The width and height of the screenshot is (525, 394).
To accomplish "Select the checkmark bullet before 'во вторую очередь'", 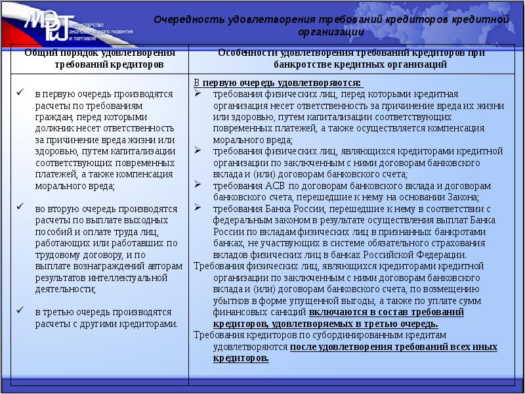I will click(x=20, y=208).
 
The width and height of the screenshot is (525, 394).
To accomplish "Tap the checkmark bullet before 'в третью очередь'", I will click(x=20, y=311).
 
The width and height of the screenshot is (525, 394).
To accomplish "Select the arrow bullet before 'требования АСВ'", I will click(x=198, y=185).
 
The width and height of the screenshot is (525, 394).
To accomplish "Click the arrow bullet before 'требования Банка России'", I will click(x=198, y=208).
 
